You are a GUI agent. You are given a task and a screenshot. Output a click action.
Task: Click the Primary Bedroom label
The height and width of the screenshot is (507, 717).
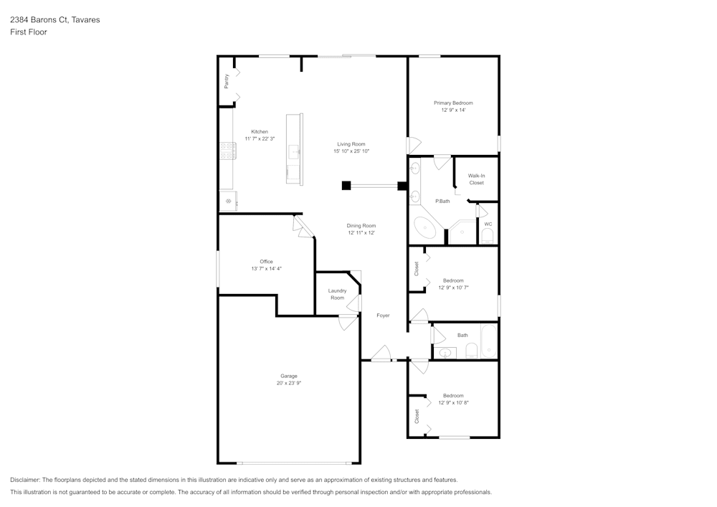(453, 103)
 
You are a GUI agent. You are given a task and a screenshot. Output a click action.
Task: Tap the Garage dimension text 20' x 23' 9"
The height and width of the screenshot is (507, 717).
(289, 384)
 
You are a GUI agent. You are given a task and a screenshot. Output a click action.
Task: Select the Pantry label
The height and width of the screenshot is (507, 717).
(227, 81)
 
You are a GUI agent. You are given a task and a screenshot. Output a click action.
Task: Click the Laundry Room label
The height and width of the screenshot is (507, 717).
(337, 294)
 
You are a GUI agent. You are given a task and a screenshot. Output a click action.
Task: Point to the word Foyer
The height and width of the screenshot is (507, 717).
(383, 316)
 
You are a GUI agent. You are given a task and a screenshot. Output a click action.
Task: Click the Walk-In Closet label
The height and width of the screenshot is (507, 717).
(476, 179)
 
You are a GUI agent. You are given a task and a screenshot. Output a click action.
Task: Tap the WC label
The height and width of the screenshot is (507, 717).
(488, 224)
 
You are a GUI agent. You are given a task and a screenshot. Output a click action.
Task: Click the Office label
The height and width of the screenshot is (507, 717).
(266, 262)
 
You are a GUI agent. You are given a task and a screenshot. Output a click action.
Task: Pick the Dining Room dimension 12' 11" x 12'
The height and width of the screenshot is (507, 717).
(361, 233)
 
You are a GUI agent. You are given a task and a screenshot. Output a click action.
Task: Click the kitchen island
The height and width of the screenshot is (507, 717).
(295, 149)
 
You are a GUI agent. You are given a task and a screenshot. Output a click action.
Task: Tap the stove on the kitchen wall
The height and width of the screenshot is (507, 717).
(228, 151)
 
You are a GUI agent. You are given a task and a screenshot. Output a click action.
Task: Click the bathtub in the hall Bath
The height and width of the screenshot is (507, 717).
(490, 341)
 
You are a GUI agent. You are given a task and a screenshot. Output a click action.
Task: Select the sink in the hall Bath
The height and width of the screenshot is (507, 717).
(446, 352)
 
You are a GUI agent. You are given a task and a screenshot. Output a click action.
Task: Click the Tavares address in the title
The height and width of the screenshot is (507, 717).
(54, 20)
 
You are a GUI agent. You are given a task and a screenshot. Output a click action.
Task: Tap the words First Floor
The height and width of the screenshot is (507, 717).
(28, 32)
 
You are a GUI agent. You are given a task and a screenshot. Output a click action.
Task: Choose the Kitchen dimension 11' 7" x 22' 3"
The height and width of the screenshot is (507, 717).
(260, 138)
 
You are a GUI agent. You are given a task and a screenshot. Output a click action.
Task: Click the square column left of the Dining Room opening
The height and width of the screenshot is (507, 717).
(346, 186)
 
